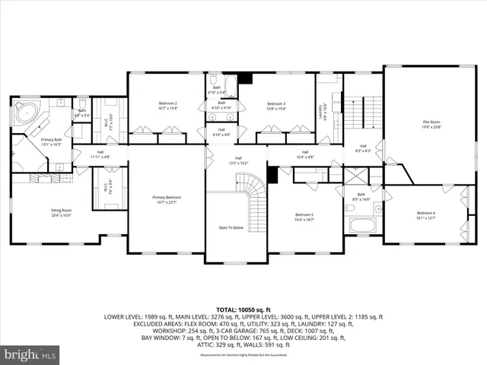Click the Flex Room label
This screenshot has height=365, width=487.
click(431, 124)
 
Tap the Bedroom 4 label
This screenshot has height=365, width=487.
click(426, 215)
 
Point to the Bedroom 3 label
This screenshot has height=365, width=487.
click(276, 106)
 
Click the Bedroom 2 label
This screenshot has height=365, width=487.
click(167, 106)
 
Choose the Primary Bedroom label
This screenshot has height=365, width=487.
click(167, 200)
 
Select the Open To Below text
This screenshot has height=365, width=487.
click(231, 227)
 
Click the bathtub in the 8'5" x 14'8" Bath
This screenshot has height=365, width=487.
click(361, 225)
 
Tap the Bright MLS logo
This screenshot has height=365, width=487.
click(30, 354)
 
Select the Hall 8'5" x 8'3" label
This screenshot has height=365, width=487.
click(363, 148)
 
